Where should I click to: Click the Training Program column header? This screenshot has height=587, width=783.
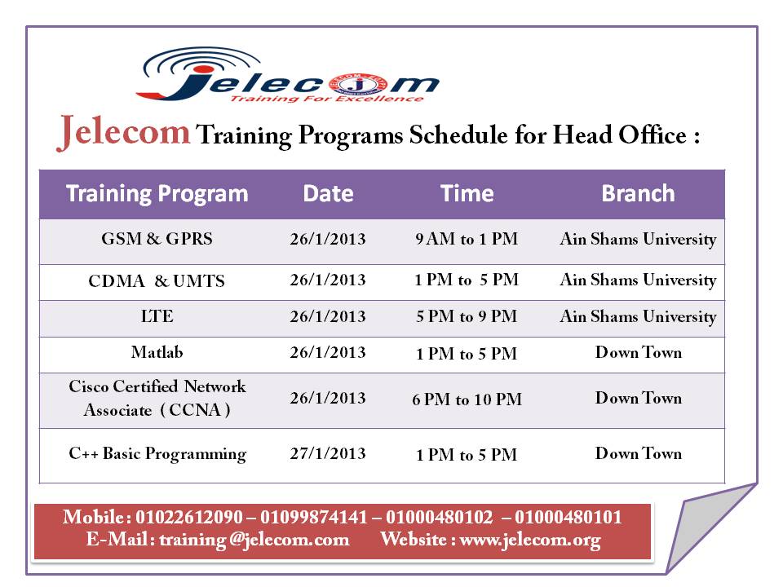point(157,194)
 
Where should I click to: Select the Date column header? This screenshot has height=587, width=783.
point(328,194)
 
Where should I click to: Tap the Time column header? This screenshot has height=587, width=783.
point(467,194)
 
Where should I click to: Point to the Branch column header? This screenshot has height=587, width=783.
point(638,194)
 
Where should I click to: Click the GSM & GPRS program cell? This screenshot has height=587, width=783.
point(157,240)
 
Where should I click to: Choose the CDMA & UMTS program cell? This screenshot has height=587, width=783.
point(157,281)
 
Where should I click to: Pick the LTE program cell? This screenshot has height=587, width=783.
point(157,316)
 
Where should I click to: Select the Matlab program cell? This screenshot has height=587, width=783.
point(157,353)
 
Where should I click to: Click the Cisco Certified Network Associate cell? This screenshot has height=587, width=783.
point(157,399)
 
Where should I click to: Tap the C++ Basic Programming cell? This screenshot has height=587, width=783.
point(157,454)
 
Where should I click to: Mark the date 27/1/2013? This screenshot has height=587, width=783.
point(328,454)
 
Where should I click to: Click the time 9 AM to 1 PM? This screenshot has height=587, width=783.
point(467,240)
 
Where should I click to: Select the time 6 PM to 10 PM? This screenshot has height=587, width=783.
point(467,399)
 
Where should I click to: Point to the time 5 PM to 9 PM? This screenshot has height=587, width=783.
point(467,316)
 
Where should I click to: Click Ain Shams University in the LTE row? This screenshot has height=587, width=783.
point(638,316)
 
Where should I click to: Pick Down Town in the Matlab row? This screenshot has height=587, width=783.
point(638,353)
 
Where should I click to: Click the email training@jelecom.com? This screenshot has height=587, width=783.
point(254,540)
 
